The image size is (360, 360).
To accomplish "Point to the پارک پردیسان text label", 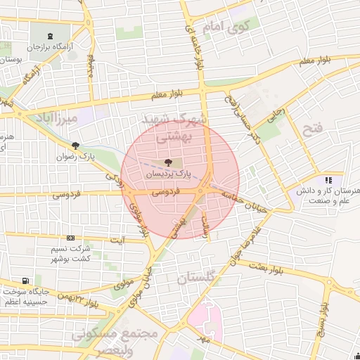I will (x=168, y=172).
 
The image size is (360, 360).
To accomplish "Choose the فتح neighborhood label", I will (x=311, y=129).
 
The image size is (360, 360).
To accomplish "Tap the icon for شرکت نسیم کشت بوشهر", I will (x=70, y=239).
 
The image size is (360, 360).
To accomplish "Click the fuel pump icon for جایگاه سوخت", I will (x=26, y=280).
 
